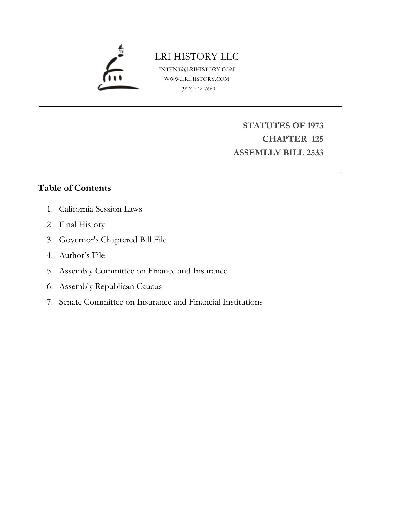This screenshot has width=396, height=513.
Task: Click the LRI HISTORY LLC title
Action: pos(197,57)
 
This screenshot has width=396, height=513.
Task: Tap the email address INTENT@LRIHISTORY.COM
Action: pos(197,69)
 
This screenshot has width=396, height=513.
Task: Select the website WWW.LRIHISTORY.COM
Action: pos(197,79)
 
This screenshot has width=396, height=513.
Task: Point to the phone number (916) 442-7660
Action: pos(198,89)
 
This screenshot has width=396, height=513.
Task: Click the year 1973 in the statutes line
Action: pos(315,126)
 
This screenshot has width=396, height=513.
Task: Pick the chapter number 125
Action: pos(317,139)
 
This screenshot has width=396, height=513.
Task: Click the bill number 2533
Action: pos(315,153)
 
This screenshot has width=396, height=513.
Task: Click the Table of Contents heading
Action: pos(74,188)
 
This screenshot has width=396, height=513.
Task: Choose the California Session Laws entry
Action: pos(100,209)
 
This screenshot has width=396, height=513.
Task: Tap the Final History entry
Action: pos(82,224)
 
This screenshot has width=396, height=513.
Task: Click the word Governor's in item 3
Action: pos(79,240)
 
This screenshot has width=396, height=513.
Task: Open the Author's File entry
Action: pos(82,255)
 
